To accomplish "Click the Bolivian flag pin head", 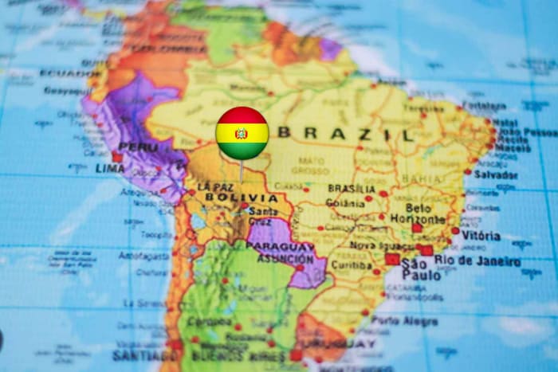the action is pyautogui.click(x=242, y=133).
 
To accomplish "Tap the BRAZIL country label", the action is pyautogui.click(x=346, y=133).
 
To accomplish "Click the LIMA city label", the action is pyautogui.click(x=109, y=168).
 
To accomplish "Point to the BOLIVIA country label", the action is pyautogui.click(x=241, y=198).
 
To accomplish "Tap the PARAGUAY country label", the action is pyautogui.click(x=280, y=247).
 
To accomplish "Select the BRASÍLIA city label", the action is pyautogui.click(x=352, y=189).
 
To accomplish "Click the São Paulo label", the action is pyautogui.click(x=420, y=268).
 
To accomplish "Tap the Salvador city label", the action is pyautogui.click(x=496, y=174).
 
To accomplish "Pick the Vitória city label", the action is pyautogui.click(x=480, y=236).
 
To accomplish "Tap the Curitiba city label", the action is pyautogui.click(x=352, y=264).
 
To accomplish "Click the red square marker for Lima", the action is pyautogui.click(x=118, y=157).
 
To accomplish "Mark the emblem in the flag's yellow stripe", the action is pyautogui.click(x=242, y=133).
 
